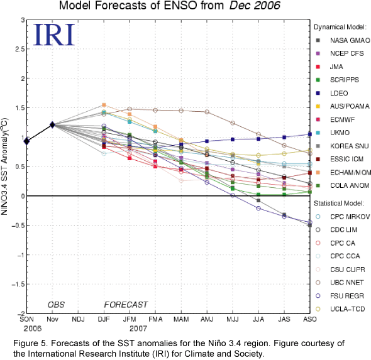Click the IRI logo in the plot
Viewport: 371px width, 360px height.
click(x=54, y=35)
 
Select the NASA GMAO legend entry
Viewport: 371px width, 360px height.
click(x=343, y=40)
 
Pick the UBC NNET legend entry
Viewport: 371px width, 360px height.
click(x=340, y=283)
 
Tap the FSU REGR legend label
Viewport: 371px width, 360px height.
click(x=347, y=296)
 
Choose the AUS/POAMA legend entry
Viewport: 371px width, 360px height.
click(x=343, y=106)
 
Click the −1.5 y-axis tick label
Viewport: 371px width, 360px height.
click(x=18, y=284)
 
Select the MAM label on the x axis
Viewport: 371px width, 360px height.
click(x=181, y=319)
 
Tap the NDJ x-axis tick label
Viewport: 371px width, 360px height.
click(x=78, y=319)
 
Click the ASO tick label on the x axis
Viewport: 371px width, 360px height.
click(x=310, y=319)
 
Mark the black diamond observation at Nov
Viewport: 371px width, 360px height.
click(x=52, y=124)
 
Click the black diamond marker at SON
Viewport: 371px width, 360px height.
click(x=27, y=141)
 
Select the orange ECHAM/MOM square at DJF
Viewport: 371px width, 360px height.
click(x=104, y=105)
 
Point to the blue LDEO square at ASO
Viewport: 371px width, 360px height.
click(x=310, y=134)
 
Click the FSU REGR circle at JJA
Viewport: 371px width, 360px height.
click(x=258, y=208)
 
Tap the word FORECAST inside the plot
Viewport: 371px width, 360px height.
click(x=126, y=305)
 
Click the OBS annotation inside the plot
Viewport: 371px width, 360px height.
click(x=56, y=305)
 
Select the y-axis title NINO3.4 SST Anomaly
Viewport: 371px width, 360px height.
click(x=5, y=166)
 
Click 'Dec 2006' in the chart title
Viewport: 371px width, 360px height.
click(x=255, y=6)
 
